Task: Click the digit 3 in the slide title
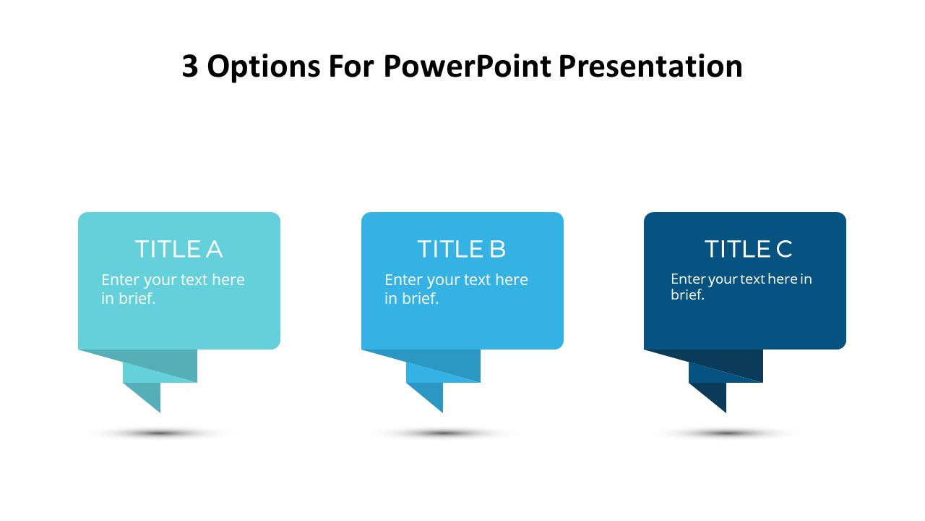[x=190, y=66]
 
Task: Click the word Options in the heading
[x=264, y=67]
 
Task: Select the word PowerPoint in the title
[x=468, y=66]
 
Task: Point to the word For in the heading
[x=351, y=66]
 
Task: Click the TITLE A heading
[x=179, y=249]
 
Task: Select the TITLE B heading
[x=462, y=249]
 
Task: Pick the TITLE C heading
[x=748, y=249]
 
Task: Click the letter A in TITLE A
[x=215, y=249]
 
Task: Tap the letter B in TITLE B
[x=498, y=249]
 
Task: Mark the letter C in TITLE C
[x=784, y=249]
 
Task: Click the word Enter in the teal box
[x=121, y=280]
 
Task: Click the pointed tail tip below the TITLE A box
[x=160, y=412]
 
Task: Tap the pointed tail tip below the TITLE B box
[x=443, y=412]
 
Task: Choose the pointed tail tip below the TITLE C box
[x=726, y=412]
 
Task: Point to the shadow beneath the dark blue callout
[x=726, y=433]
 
